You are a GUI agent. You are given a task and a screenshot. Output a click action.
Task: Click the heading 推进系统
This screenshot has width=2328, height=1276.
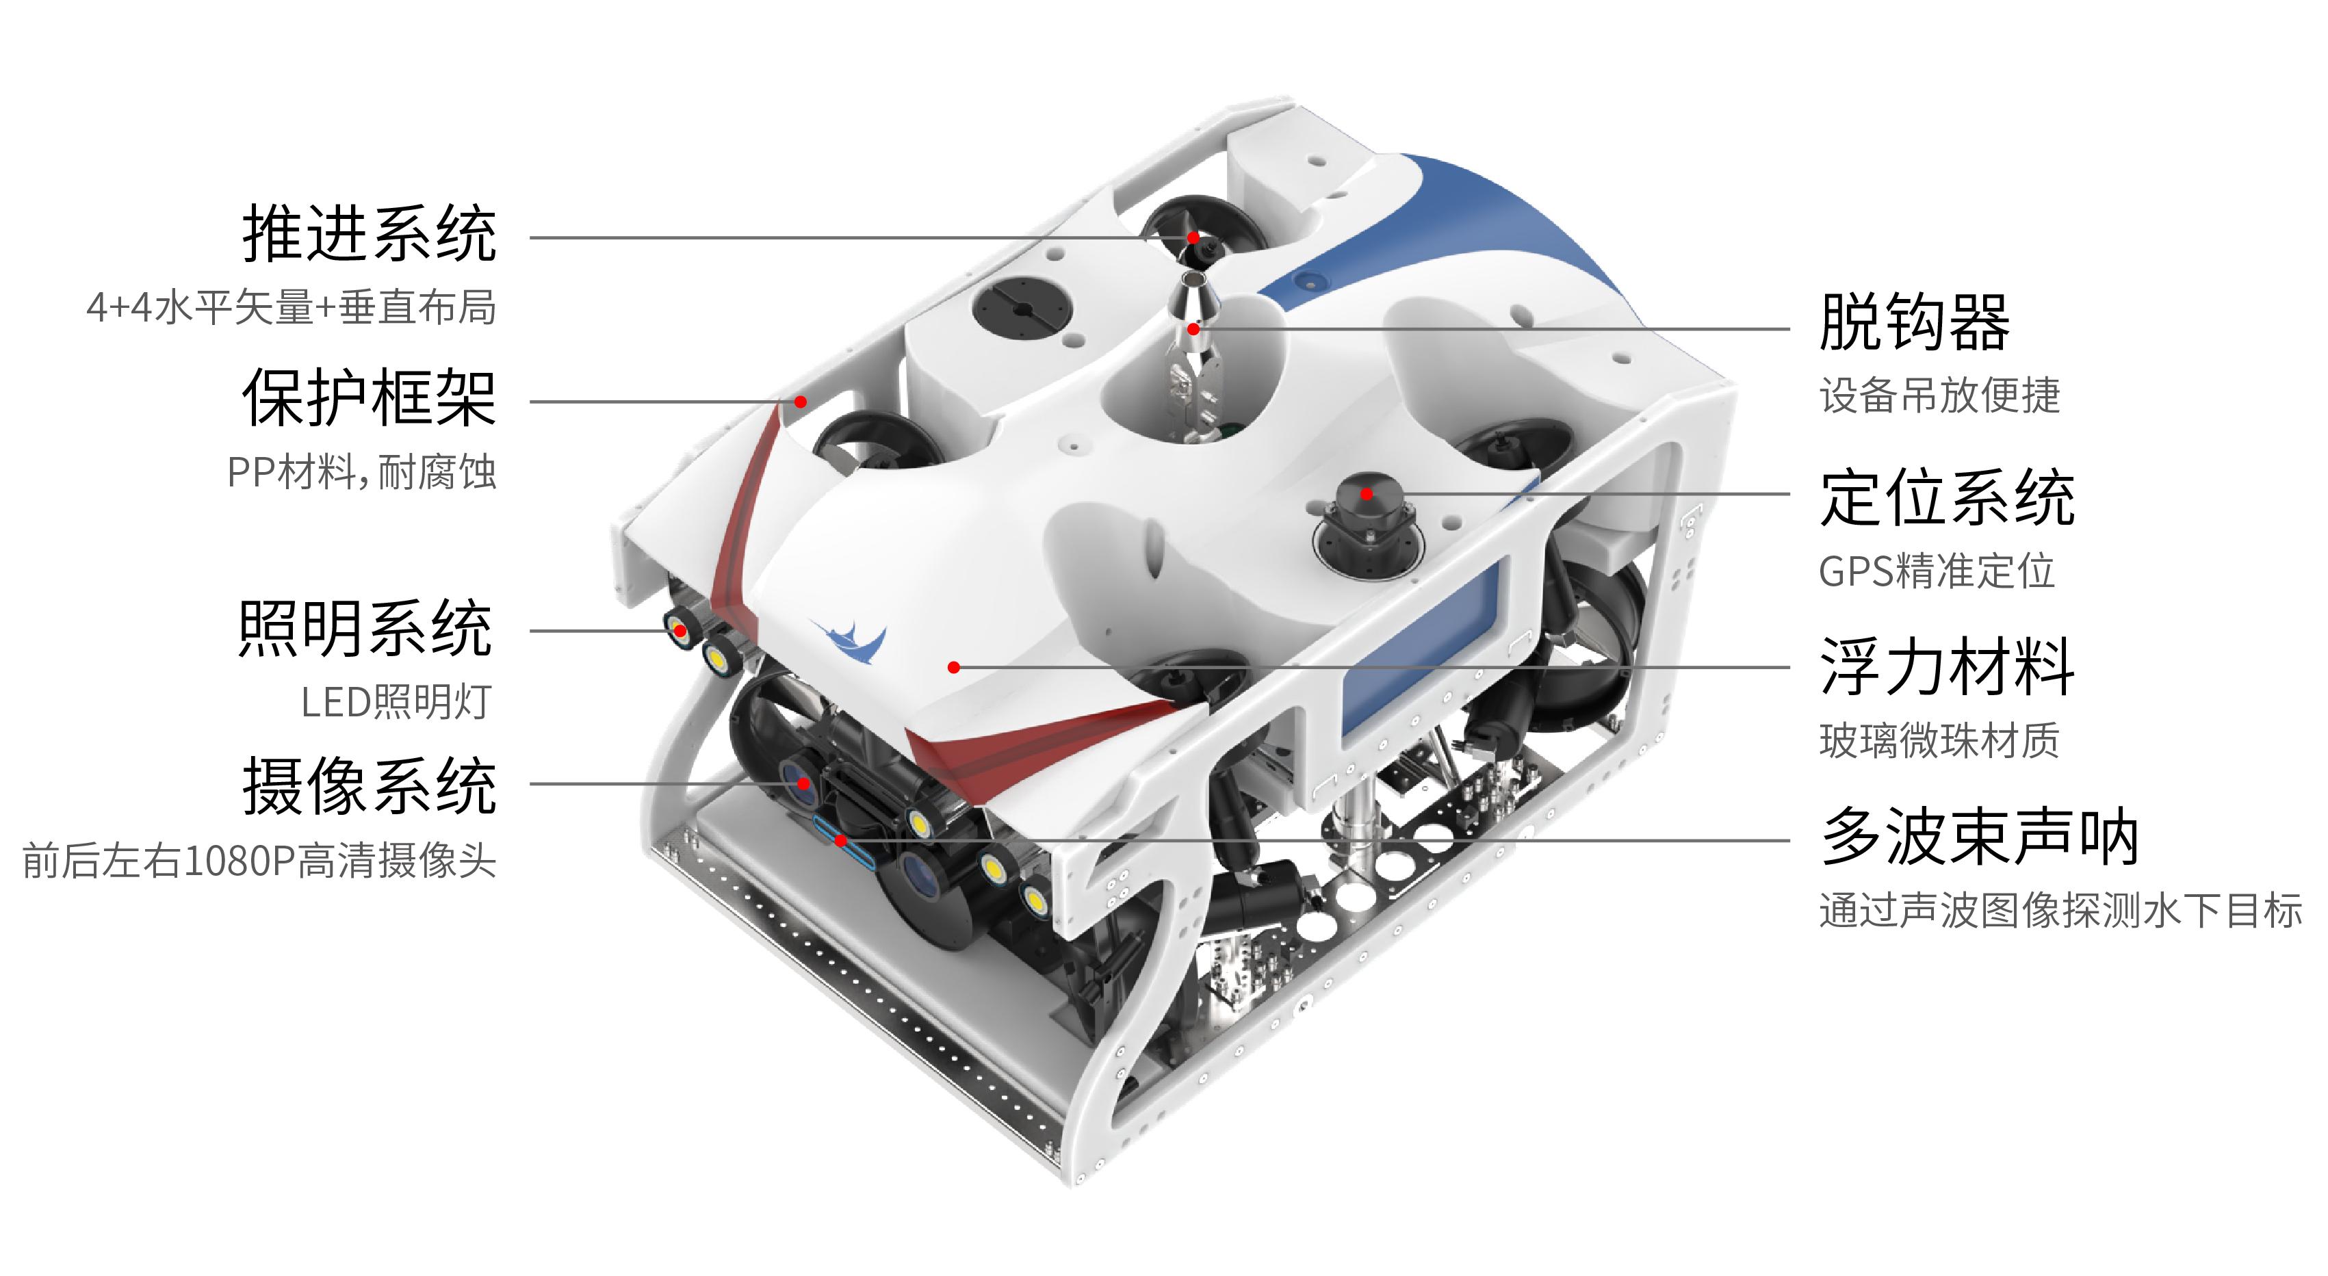[x=369, y=234]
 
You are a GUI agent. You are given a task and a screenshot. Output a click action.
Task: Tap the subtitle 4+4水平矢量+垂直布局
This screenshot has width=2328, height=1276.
[x=291, y=307]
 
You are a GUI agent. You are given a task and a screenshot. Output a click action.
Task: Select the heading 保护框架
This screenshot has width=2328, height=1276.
[x=369, y=398]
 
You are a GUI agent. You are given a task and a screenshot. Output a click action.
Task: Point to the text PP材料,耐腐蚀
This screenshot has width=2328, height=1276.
[x=361, y=471]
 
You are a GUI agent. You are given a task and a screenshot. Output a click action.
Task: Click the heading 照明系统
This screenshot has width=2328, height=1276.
[x=366, y=628]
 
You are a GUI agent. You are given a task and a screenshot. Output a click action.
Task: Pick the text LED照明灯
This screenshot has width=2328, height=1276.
[x=397, y=702]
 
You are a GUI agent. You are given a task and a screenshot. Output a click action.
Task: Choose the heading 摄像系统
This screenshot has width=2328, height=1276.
[x=369, y=785]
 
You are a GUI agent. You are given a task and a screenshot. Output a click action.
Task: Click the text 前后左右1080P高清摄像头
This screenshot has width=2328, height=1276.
[x=259, y=860]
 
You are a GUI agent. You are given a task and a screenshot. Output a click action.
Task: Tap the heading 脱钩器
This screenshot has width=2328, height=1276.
[x=1915, y=322]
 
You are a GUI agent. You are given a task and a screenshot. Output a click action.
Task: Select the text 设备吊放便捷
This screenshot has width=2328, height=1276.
[x=1939, y=395]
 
